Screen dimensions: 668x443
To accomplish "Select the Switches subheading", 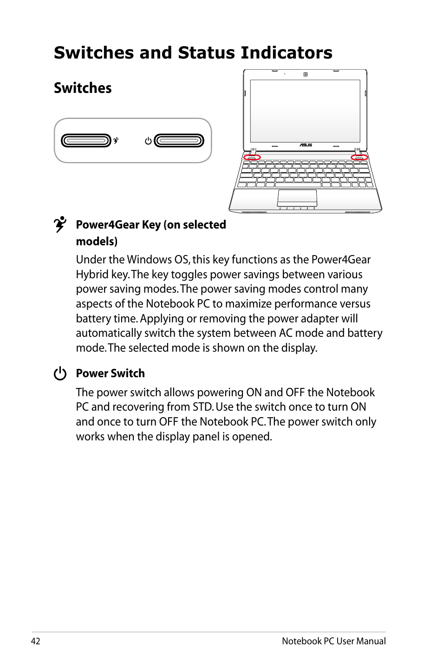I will click(83, 88).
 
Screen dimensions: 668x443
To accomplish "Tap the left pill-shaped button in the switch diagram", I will click(86, 140).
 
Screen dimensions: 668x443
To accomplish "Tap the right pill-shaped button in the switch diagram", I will click(179, 140).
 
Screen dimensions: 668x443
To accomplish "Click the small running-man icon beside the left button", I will click(116, 140).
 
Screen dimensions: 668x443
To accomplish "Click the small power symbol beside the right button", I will click(148, 140).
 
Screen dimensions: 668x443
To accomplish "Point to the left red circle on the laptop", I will click(252, 157).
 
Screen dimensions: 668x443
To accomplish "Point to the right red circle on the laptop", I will click(359, 157).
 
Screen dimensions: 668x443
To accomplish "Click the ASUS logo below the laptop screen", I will click(306, 145).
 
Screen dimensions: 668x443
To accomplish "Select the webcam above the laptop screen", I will click(305, 74).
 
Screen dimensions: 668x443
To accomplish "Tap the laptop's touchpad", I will click(297, 198).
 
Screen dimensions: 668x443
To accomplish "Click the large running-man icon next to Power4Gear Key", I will click(60, 224).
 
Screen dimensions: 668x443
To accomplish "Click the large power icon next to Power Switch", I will click(60, 373).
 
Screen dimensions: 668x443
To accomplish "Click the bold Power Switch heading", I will click(111, 373).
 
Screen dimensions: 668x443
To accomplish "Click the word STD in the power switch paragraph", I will click(202, 407).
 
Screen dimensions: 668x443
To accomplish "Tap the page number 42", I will click(36, 641).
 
